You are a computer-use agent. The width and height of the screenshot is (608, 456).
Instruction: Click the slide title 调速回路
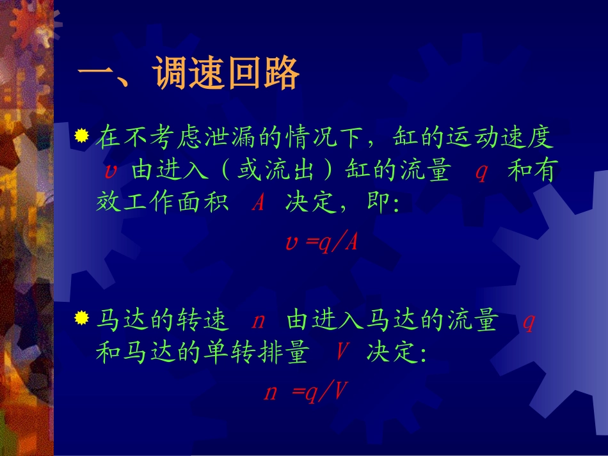189,75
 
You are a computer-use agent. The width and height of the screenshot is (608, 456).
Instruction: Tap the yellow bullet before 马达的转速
81,318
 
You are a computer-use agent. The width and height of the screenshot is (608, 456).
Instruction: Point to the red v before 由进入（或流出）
109,171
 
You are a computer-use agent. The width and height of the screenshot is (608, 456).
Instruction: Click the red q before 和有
481,171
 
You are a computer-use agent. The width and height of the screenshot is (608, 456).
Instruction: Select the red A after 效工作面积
258,204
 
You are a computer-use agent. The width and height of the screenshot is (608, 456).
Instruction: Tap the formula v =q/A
321,242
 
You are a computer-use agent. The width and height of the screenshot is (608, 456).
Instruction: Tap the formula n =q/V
305,391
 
